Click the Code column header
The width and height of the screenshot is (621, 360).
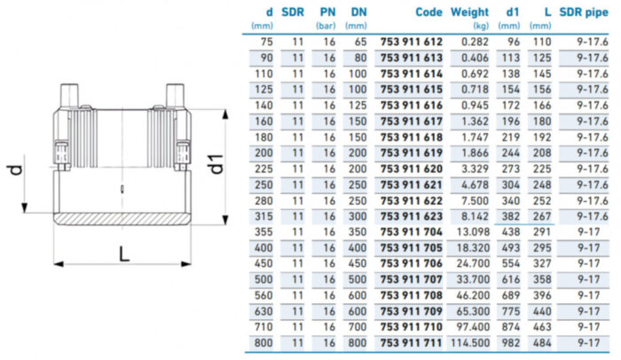pyautogui.click(x=428, y=12)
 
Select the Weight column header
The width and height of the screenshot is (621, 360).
pyautogui.click(x=469, y=12)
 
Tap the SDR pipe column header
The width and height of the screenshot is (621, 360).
pyautogui.click(x=584, y=12)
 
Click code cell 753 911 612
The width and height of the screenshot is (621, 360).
pyautogui.click(x=411, y=42)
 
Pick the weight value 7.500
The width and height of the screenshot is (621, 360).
pyautogui.click(x=475, y=200)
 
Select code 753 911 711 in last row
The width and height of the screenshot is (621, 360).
pyautogui.click(x=411, y=343)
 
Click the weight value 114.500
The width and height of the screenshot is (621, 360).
pyautogui.click(x=469, y=343)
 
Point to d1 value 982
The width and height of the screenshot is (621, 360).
pyautogui.click(x=510, y=343)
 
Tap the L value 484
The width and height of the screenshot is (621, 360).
pyautogui.click(x=542, y=343)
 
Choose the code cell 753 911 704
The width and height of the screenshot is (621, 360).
pyautogui.click(x=411, y=232)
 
